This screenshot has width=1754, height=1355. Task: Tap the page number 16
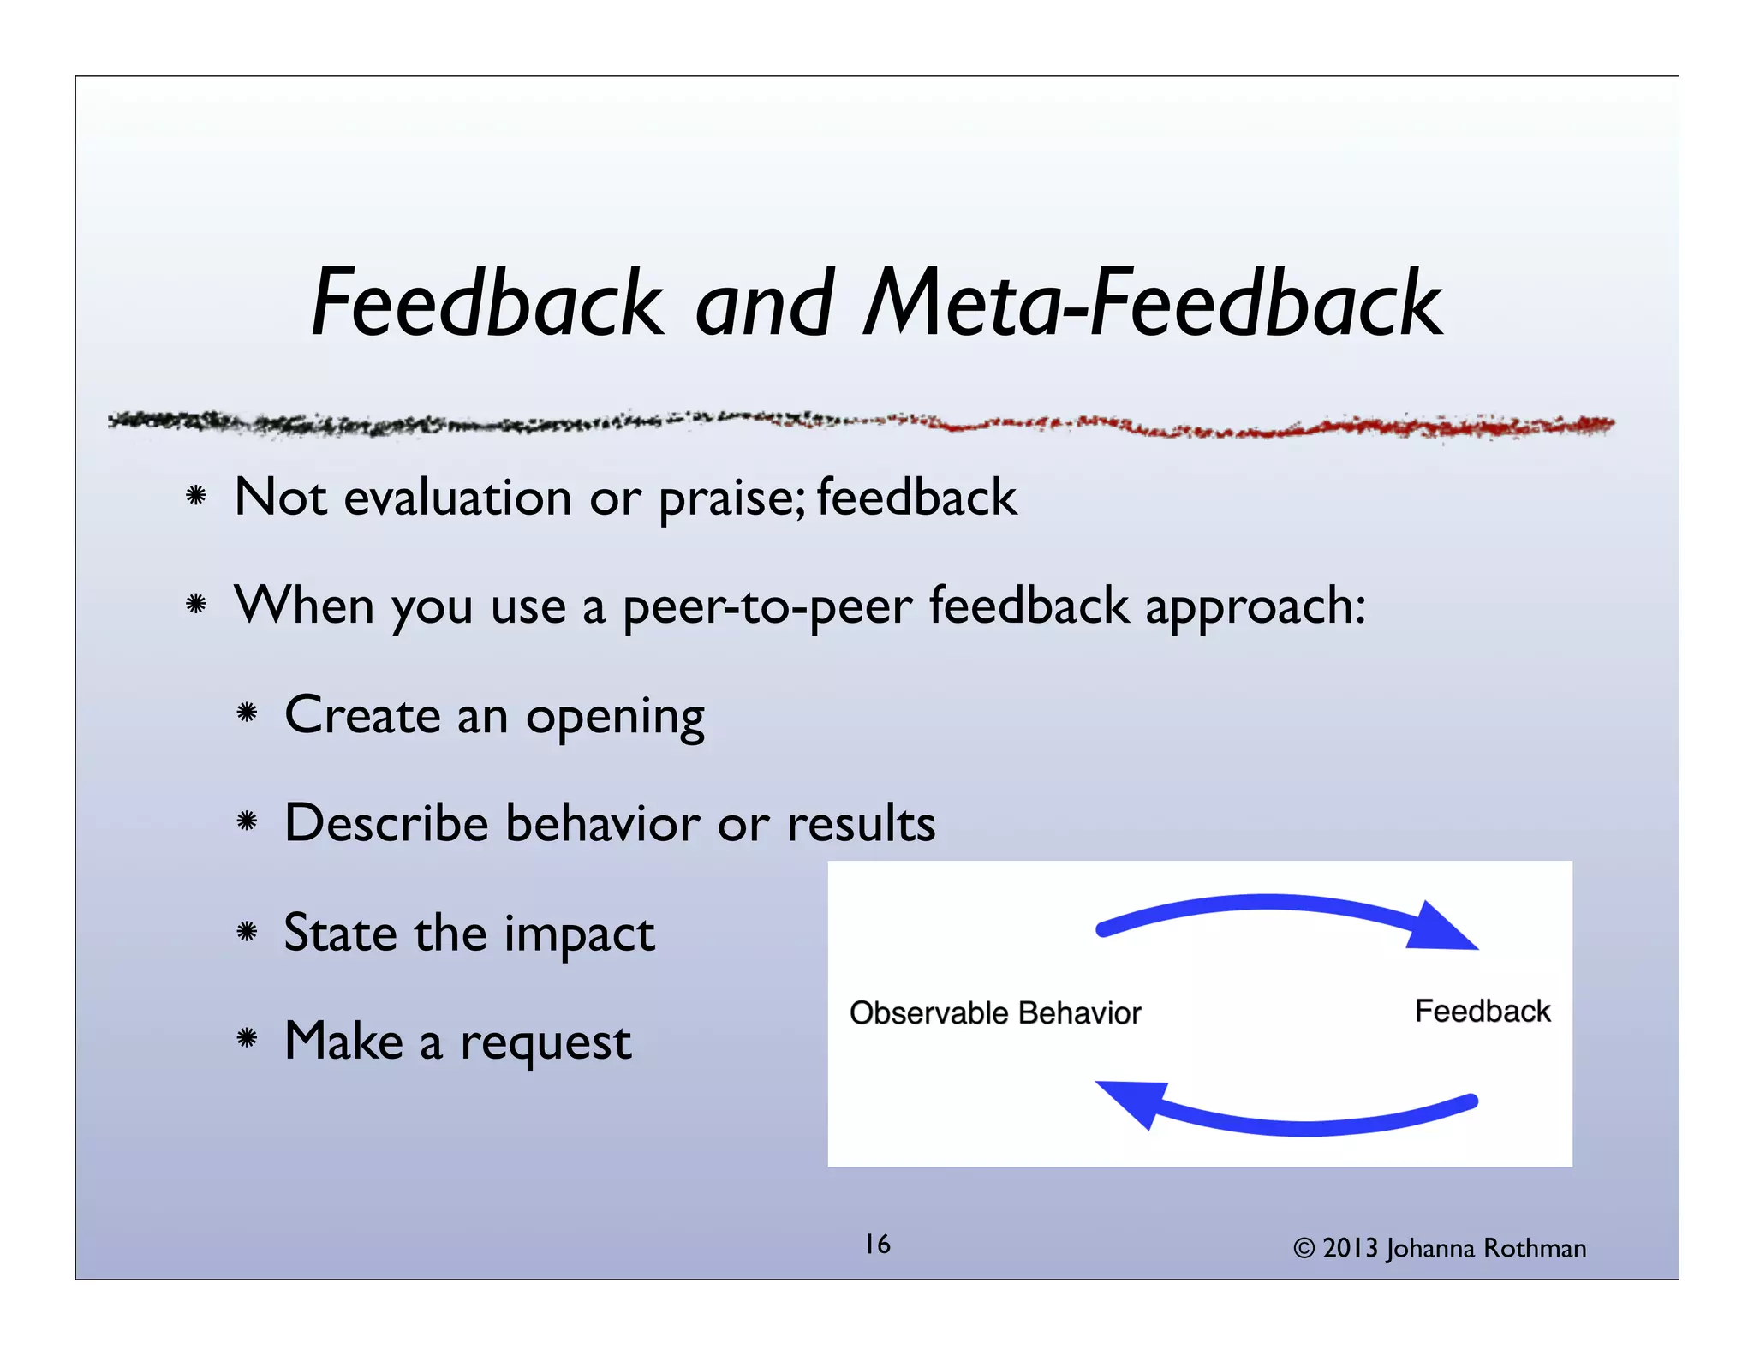point(877,1245)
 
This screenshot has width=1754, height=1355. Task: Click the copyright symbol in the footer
point(1304,1249)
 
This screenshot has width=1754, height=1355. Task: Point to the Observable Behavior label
point(994,1013)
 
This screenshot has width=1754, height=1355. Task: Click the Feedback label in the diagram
point(1482,1012)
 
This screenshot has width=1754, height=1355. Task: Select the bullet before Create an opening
point(248,713)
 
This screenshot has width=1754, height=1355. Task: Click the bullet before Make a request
point(248,1039)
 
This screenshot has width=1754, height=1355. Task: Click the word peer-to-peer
point(767,607)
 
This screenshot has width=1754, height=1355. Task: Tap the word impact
point(579,934)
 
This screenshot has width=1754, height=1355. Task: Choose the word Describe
point(385,823)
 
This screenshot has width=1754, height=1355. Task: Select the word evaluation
point(457,498)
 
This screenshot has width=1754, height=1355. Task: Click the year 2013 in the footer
point(1351,1249)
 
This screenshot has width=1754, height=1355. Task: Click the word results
point(861,823)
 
